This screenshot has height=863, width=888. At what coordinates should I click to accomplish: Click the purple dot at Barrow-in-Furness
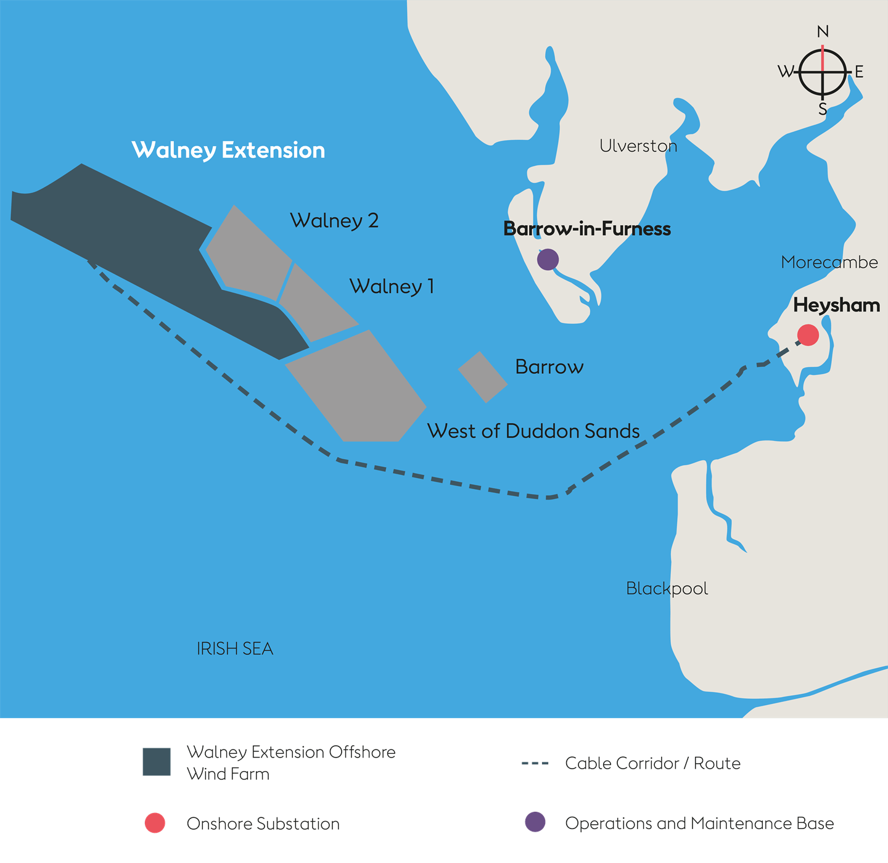click(x=548, y=260)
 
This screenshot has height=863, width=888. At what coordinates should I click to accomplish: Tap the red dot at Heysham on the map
click(x=808, y=335)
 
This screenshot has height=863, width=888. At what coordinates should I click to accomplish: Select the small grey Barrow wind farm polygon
click(x=483, y=376)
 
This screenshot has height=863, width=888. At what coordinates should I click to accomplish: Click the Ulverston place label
click(x=638, y=146)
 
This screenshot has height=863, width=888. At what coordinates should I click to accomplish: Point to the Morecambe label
click(x=829, y=262)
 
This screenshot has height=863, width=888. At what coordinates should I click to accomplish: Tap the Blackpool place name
click(x=667, y=588)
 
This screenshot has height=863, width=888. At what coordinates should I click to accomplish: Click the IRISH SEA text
click(x=234, y=648)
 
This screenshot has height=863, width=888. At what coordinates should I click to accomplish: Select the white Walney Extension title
click(x=228, y=150)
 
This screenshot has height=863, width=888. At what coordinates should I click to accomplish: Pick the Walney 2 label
click(x=334, y=220)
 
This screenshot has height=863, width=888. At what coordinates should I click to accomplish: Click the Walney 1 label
click(x=392, y=286)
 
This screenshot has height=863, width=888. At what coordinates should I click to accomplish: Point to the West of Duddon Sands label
click(x=533, y=431)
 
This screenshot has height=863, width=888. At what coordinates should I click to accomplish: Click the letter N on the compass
click(x=823, y=31)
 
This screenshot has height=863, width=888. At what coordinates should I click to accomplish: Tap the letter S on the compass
click(x=823, y=110)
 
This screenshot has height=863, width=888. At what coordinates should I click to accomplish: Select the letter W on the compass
click(x=786, y=72)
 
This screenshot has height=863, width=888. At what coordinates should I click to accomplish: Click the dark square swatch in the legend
click(x=157, y=762)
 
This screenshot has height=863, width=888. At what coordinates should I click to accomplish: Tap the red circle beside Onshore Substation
click(x=155, y=823)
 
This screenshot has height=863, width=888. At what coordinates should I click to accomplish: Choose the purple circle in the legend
click(x=535, y=822)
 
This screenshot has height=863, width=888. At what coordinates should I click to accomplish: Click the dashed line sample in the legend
click(x=535, y=764)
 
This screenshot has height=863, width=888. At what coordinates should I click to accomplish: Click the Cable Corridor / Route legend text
click(x=652, y=763)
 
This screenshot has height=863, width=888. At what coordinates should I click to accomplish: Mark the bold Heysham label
click(x=836, y=305)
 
